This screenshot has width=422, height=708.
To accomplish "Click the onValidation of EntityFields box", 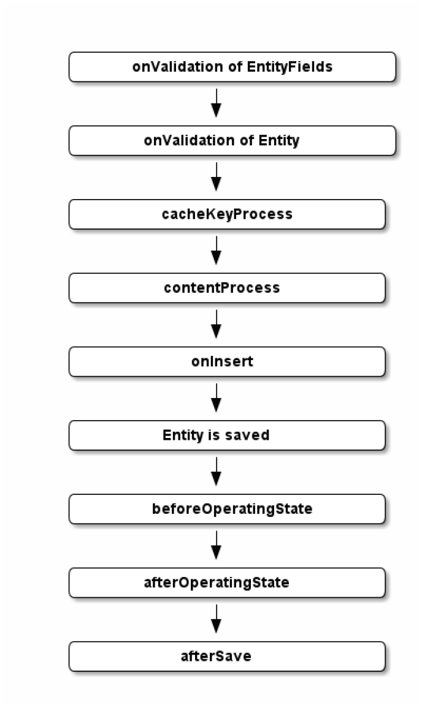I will coord(232,67).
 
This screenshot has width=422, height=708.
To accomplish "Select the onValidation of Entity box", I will coord(232,140).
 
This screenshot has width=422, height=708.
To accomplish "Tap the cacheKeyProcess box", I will coord(227,214).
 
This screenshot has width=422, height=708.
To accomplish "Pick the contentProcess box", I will coord(227,288).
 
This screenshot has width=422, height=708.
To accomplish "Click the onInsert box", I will coord(227,361).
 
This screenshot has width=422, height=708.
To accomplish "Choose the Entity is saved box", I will coord(227,435).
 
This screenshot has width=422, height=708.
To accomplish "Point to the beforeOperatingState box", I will coord(227,509).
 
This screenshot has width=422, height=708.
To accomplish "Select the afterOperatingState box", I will coord(227,582).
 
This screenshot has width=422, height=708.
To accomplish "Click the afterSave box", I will coord(227,656).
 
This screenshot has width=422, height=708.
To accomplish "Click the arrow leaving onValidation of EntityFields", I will coord(216,103).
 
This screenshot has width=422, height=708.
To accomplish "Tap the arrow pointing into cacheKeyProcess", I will coord(216,176).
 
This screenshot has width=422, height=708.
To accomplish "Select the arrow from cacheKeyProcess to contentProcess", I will coord(216,250).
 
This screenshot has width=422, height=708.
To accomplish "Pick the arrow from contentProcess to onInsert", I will coord(216,324).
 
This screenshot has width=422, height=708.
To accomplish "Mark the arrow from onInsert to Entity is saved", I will coord(216,397).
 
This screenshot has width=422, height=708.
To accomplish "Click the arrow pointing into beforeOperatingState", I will coord(216,471).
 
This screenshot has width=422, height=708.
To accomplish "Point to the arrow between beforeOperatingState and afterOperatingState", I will coord(216,545).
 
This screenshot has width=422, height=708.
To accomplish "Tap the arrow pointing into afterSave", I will coord(216,619).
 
